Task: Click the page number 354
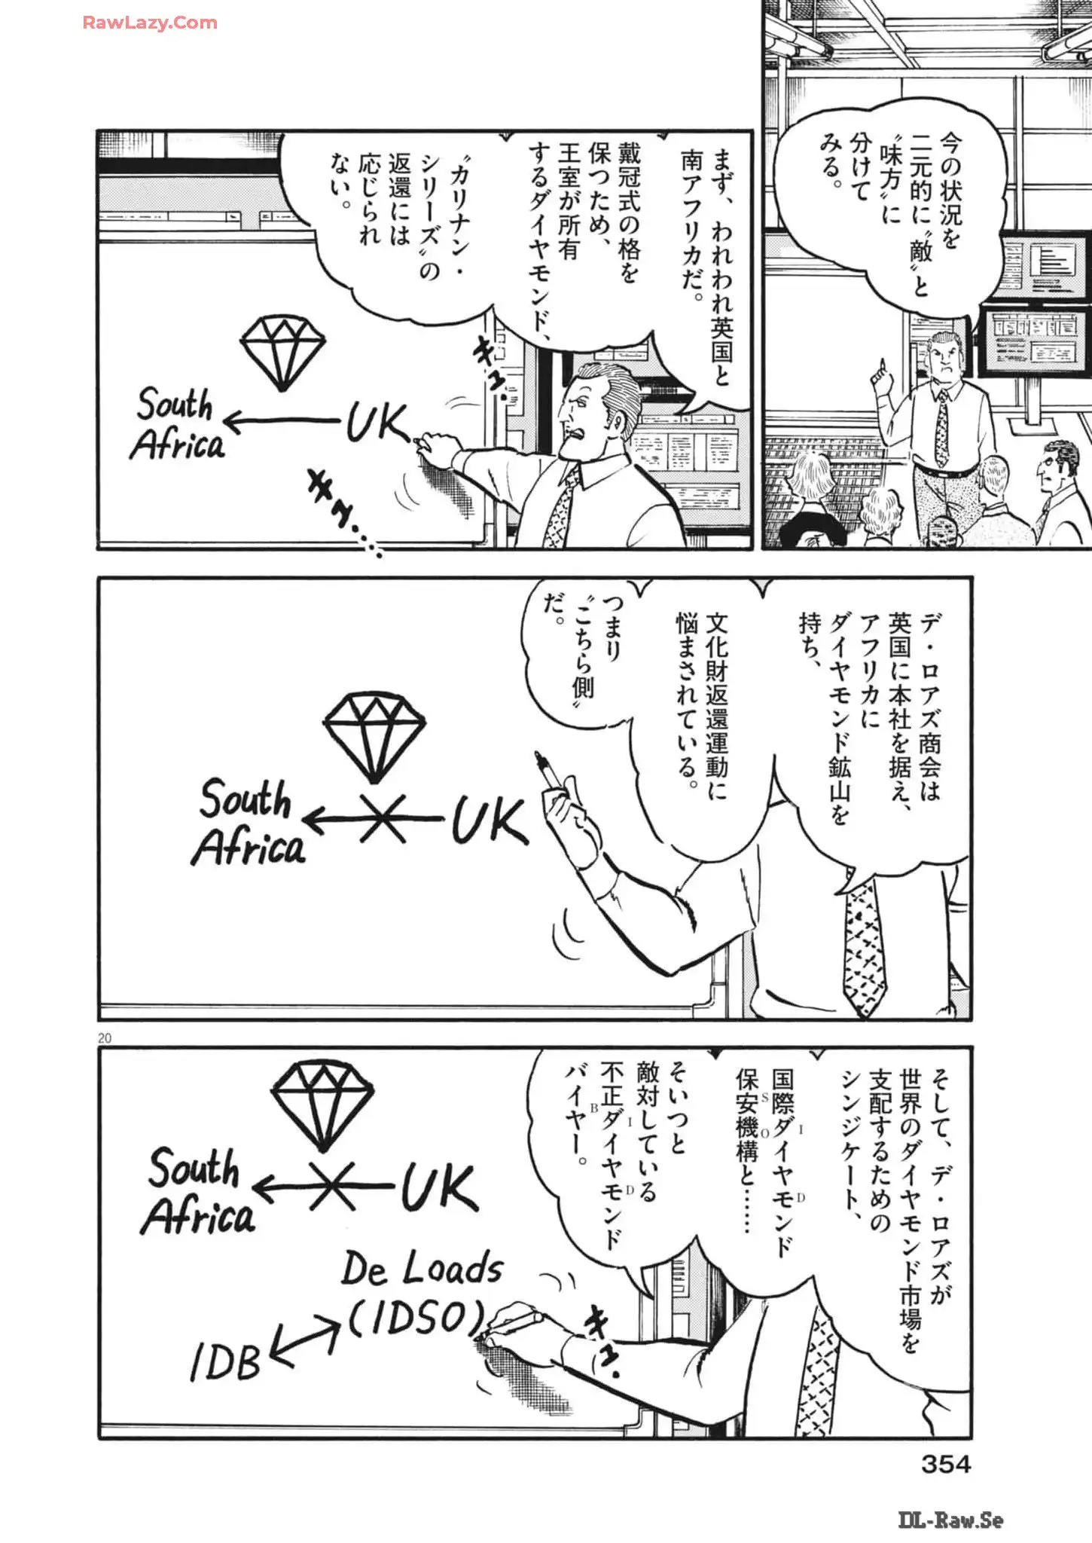point(946,1464)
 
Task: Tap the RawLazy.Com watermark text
point(150,23)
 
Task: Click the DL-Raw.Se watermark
point(950,1520)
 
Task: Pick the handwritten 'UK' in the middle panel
point(489,820)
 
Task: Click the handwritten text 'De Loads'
point(422,1269)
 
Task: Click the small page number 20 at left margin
point(105,1038)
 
